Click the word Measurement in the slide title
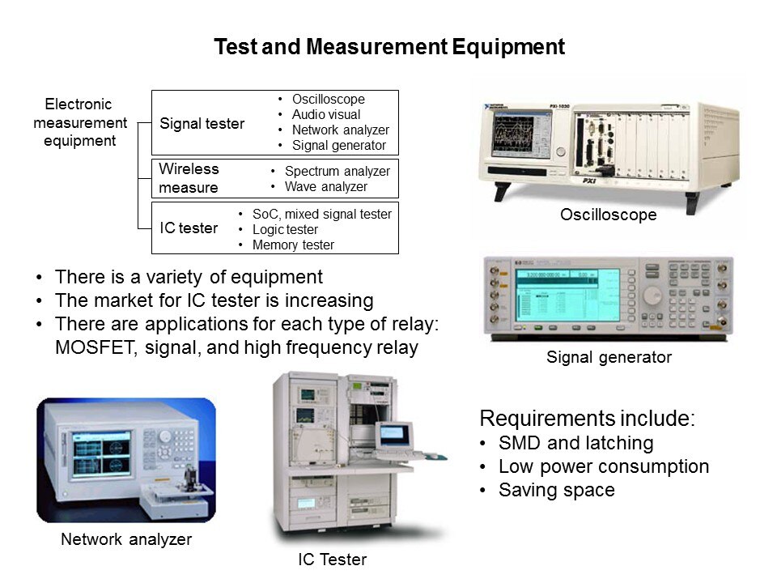tap(376, 47)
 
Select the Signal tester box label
tap(202, 123)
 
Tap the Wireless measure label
tap(189, 178)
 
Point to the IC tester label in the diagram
tap(189, 228)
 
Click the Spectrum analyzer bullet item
tap(337, 172)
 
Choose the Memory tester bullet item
tap(293, 245)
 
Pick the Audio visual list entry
tap(326, 114)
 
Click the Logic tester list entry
tap(285, 229)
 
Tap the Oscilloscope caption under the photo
tap(609, 215)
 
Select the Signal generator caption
tap(609, 357)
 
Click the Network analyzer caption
tap(126, 539)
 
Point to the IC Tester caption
tap(332, 560)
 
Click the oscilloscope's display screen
tap(520, 134)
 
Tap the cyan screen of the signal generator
tap(567, 295)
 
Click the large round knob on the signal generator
tap(652, 296)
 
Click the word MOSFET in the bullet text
tap(95, 347)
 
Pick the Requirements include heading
tap(588, 419)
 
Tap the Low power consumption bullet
tap(604, 466)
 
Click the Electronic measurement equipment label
tap(80, 122)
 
